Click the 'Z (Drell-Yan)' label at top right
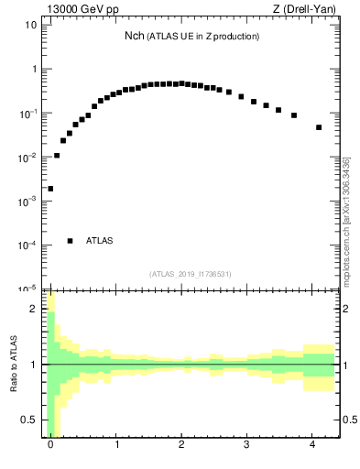click(x=305, y=9)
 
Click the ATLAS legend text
click(x=100, y=241)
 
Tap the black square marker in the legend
click(x=70, y=241)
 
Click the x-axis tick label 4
click(x=313, y=445)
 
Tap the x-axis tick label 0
click(x=50, y=445)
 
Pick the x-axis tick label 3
click(x=247, y=445)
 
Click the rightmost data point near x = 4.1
click(x=319, y=127)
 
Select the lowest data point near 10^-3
click(x=50, y=189)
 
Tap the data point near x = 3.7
click(x=294, y=115)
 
